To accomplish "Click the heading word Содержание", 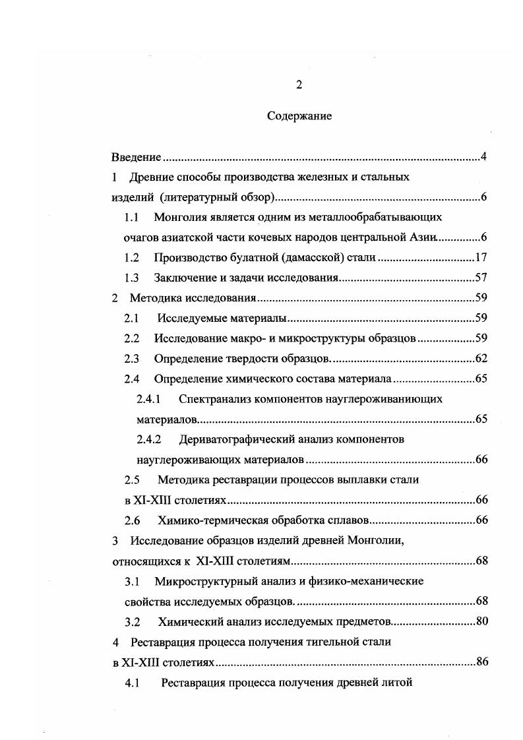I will [x=299, y=116].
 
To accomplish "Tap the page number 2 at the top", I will [x=299, y=84].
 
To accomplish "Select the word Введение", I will [x=136, y=157].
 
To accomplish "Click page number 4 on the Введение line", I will [x=483, y=157].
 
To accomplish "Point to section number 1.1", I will [x=132, y=217].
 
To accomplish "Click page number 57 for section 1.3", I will [x=481, y=278].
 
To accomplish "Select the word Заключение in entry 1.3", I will [x=186, y=278].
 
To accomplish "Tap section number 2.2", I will [x=132, y=338].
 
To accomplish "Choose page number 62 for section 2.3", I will [x=481, y=359].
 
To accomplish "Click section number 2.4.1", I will [x=149, y=399].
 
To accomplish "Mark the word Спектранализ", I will [x=220, y=399].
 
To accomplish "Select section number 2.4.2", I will [x=149, y=439].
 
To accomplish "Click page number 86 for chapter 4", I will [x=481, y=662].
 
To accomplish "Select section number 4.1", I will [x=132, y=683].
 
